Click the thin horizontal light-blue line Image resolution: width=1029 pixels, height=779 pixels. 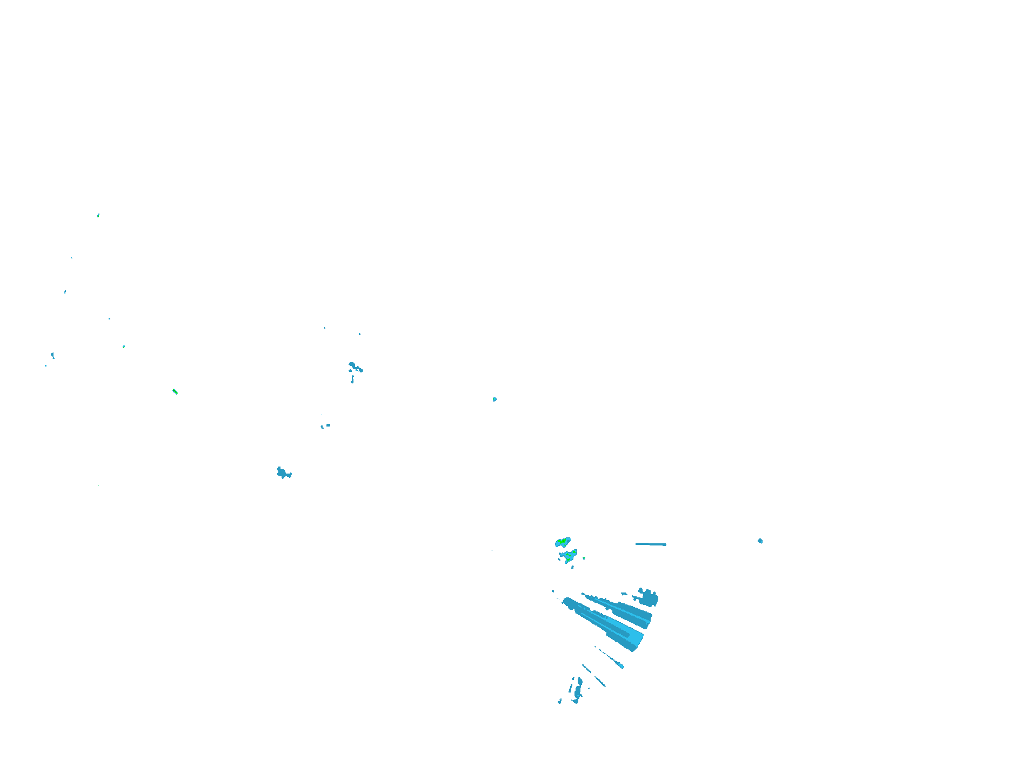(x=651, y=544)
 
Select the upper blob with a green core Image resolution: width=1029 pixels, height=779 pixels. (x=563, y=542)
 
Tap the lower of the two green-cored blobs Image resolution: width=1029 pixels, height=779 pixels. (x=569, y=556)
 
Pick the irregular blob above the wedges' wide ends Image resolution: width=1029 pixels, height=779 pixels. (x=647, y=598)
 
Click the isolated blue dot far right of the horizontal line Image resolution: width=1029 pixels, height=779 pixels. (x=760, y=541)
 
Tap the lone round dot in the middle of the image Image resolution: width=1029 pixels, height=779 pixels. (x=495, y=400)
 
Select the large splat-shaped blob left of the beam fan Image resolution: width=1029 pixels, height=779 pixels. (x=283, y=474)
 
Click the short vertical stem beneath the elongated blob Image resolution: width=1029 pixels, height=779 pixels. (x=352, y=379)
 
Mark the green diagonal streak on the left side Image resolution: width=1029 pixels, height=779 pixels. (x=175, y=391)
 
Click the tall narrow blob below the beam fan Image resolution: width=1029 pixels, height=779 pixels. (x=578, y=689)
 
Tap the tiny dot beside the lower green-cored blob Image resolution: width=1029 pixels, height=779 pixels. (x=584, y=558)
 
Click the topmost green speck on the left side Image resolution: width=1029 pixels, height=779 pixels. (x=98, y=215)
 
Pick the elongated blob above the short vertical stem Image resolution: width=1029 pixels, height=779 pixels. (x=355, y=368)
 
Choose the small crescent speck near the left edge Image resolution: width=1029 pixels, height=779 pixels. (x=52, y=355)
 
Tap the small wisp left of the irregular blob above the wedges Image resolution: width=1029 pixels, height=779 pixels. (x=624, y=594)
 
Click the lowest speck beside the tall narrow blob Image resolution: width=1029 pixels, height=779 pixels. (x=560, y=701)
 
